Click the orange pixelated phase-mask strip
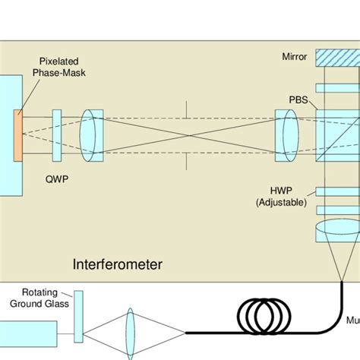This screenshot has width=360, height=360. point(18,135)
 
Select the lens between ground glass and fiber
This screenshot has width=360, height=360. point(130,331)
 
